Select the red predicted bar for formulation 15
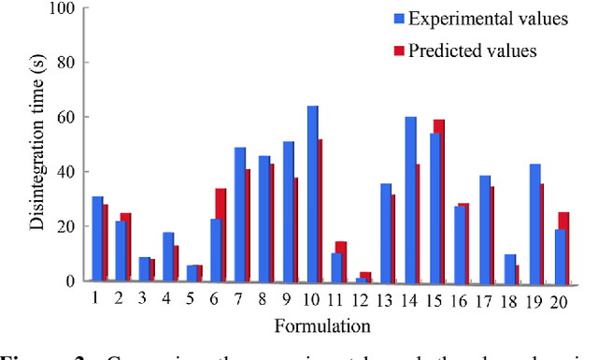click(x=439, y=200)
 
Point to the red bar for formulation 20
click(x=563, y=247)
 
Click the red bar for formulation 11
click(x=341, y=261)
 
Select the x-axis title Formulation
click(x=322, y=325)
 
